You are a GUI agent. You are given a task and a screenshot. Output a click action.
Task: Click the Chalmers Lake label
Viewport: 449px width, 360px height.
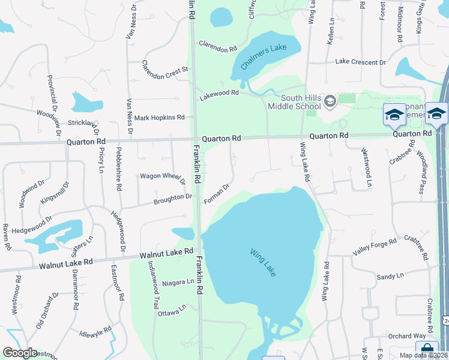pyautogui.click(x=262, y=55)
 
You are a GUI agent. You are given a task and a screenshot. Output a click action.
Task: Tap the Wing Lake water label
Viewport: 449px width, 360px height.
pyautogui.click(x=263, y=262)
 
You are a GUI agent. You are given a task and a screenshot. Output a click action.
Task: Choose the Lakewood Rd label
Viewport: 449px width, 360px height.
pyautogui.click(x=218, y=93)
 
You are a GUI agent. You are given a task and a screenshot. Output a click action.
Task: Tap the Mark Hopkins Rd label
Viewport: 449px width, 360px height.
pyautogui.click(x=159, y=118)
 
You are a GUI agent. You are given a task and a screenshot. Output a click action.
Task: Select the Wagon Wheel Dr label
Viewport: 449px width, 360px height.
pyautogui.click(x=162, y=176)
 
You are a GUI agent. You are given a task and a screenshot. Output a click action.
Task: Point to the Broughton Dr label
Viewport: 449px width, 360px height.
pyautogui.click(x=172, y=197)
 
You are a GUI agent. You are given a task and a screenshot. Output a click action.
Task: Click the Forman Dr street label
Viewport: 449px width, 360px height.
pyautogui.click(x=217, y=193)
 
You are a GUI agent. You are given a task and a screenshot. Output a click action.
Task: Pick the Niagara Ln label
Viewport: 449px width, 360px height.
pyautogui.click(x=178, y=281)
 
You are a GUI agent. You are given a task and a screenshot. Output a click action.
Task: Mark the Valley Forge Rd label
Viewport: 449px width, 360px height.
pyautogui.click(x=375, y=247)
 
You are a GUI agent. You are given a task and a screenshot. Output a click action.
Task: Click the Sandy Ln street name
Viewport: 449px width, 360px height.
pyautogui.click(x=390, y=277)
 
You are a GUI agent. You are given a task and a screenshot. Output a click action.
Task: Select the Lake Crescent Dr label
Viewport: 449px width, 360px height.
pyautogui.click(x=360, y=62)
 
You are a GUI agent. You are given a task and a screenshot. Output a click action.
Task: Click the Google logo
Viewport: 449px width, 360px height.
pyautogui.click(x=20, y=353)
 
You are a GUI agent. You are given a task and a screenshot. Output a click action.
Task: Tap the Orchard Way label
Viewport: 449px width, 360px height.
pyautogui.click(x=406, y=336)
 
